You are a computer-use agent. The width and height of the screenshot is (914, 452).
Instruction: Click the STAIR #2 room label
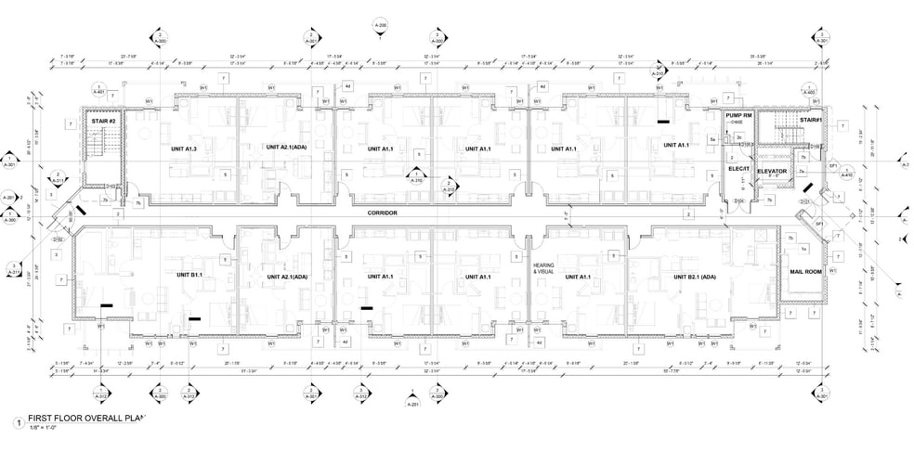[x=103, y=122]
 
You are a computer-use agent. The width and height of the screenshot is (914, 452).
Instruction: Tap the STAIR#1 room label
[x=810, y=120]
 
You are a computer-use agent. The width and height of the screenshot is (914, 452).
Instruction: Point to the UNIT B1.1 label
[x=189, y=276]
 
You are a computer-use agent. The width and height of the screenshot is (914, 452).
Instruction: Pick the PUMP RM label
[x=738, y=115]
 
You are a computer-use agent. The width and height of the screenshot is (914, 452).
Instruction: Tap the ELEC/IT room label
[x=738, y=169]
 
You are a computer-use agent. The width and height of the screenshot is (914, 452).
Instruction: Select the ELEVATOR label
[x=771, y=172]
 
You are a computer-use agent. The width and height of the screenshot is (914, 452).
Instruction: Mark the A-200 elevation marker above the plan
[x=379, y=26]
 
